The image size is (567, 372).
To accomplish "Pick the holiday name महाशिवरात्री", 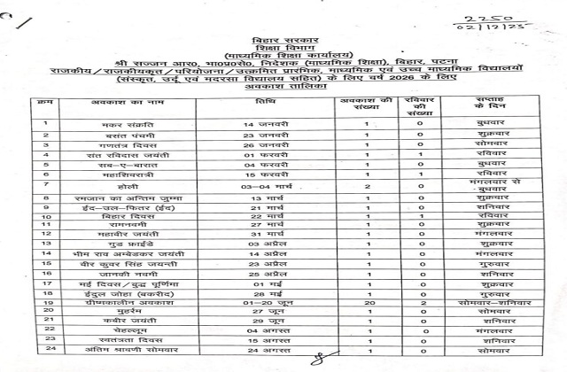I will (115, 200).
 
